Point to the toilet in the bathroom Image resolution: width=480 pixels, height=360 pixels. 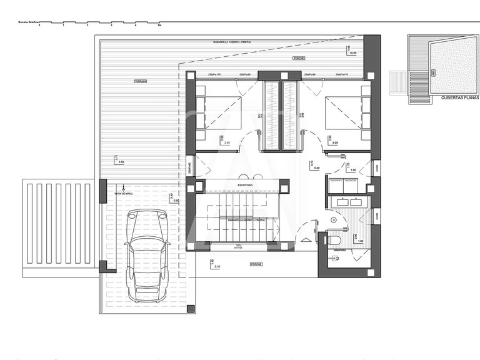pyautogui.click(x=334, y=239)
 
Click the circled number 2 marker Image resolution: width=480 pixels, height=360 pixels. pyautogui.click(x=334, y=220)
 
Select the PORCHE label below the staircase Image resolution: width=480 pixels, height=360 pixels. pyautogui.click(x=256, y=264)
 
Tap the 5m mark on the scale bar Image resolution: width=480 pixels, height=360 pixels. pyautogui.click(x=160, y=26)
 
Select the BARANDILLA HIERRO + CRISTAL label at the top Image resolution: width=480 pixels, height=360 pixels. pyautogui.click(x=230, y=42)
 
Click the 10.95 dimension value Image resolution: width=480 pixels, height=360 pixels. pyautogui.click(x=353, y=53)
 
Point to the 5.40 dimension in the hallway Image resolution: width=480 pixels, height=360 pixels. pyautogui.click(x=316, y=168)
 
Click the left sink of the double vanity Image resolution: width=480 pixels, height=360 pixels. pyautogui.click(x=341, y=202)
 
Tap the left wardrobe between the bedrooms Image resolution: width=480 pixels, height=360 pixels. pyautogui.click(x=272, y=116)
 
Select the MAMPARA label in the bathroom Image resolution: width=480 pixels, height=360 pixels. pyautogui.click(x=340, y=251)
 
